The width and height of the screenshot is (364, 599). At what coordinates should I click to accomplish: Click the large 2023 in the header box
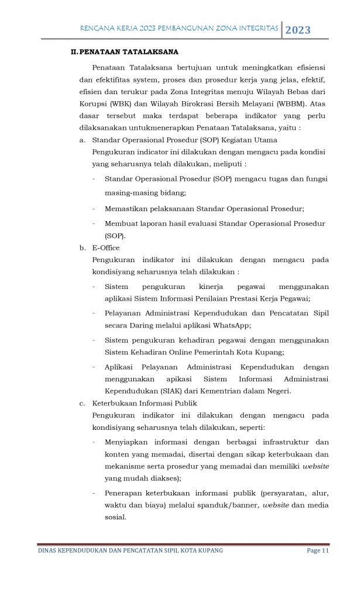tap(298, 30)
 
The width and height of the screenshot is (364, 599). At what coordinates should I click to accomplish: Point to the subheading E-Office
tap(106, 247)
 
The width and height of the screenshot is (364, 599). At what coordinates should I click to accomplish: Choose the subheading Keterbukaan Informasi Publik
tap(145, 403)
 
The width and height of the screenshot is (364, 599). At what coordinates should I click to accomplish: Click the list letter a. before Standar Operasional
tap(83, 140)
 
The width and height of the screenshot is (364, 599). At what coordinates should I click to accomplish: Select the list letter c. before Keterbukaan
tap(82, 403)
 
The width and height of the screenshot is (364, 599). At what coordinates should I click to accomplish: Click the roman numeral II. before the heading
tap(74, 52)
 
